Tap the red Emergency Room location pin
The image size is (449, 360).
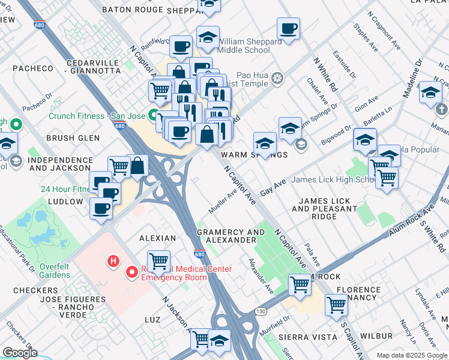point(131,273)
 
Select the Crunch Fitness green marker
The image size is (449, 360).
point(154,116)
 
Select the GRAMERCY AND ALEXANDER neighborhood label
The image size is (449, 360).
point(231,236)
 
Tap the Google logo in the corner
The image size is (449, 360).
point(20,352)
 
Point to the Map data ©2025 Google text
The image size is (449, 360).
point(412,355)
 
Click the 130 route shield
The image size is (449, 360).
point(260,311)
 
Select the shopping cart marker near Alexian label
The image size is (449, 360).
point(159,261)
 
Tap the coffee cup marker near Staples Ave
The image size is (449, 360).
point(288,28)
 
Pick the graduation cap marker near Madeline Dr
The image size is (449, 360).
point(430,92)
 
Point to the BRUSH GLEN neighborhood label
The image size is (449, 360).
point(73,137)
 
